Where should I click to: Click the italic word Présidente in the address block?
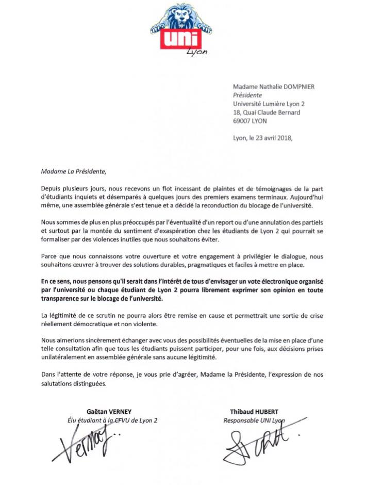[x=247, y=95]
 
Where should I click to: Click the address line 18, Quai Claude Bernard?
[x=267, y=112]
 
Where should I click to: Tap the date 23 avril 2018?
[x=273, y=138]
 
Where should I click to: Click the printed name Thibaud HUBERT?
[x=254, y=411]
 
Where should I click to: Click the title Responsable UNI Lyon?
[x=254, y=421]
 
